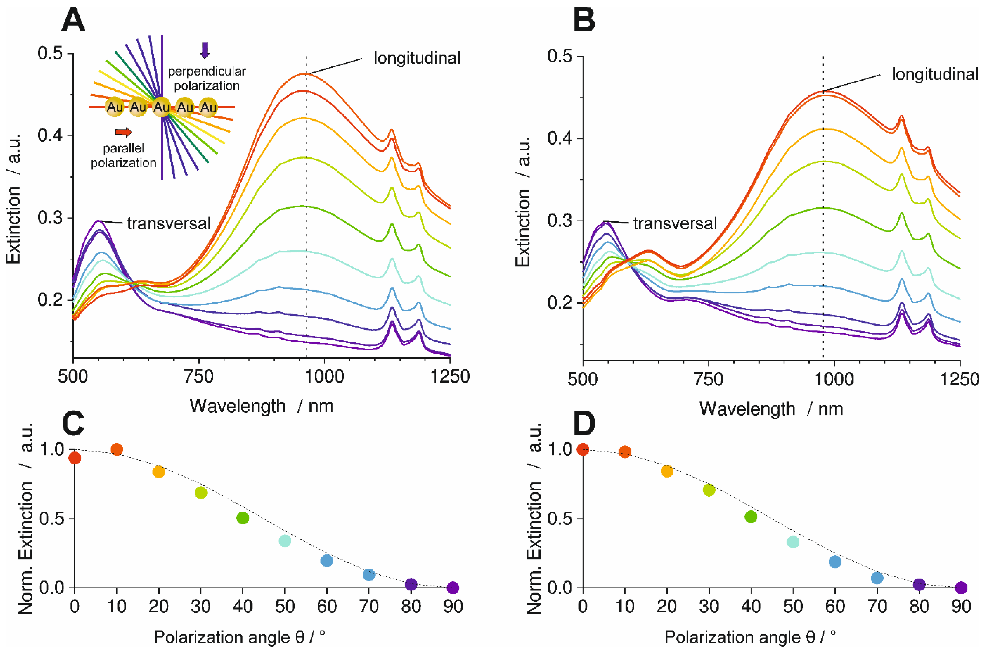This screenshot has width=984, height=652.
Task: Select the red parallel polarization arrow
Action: [x=123, y=132]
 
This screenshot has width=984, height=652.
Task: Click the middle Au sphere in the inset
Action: [x=162, y=107]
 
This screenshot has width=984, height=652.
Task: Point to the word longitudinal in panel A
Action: [x=417, y=58]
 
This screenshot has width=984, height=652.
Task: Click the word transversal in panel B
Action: [x=675, y=224]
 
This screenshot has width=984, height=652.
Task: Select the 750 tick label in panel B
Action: [x=709, y=379]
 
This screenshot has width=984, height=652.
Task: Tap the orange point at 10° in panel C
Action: [x=117, y=449]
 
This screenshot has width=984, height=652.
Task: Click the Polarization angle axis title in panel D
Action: [x=750, y=637]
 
